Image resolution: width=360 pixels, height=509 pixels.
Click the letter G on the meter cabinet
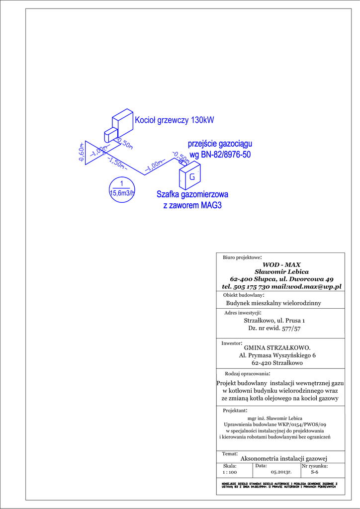point(192,176)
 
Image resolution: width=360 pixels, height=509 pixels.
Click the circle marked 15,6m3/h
point(122,189)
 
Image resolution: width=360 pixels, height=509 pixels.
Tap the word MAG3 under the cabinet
point(211,205)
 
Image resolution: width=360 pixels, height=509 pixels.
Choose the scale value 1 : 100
point(230,472)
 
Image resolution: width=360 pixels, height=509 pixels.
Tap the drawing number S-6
point(314,472)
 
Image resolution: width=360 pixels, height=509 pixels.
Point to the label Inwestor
point(231,343)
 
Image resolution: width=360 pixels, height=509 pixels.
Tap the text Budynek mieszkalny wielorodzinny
point(273,303)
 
